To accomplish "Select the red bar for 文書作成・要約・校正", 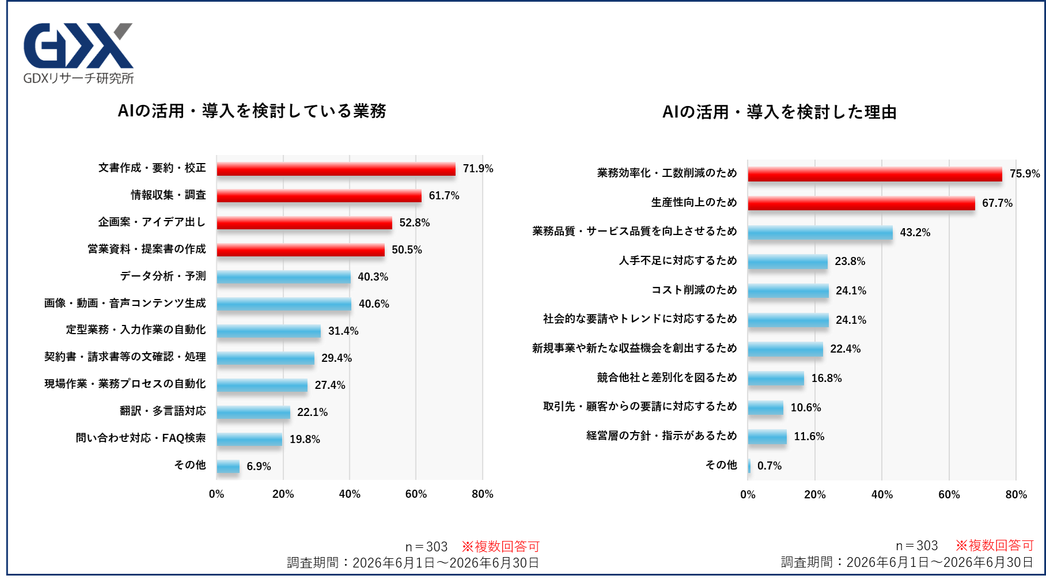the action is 336,169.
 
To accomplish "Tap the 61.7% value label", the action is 444,196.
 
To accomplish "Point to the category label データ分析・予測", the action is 163,276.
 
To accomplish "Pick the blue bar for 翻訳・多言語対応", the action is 253,413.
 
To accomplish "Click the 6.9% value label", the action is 259,467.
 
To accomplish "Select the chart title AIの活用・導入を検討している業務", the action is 252,111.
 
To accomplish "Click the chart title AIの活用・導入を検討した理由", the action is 780,112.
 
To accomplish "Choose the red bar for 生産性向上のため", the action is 862,203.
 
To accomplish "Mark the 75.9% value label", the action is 1025,174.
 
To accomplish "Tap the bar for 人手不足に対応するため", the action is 788,262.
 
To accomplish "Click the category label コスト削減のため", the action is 694,290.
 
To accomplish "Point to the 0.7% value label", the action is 770,466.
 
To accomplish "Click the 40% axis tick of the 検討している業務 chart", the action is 350,494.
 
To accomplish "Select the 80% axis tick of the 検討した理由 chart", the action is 1016,495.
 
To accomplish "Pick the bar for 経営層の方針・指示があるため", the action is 767,437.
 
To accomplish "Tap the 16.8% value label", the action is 827,379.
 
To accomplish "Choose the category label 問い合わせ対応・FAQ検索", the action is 141,438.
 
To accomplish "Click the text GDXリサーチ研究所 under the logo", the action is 78,78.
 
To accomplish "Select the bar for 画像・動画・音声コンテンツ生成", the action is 284,304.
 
